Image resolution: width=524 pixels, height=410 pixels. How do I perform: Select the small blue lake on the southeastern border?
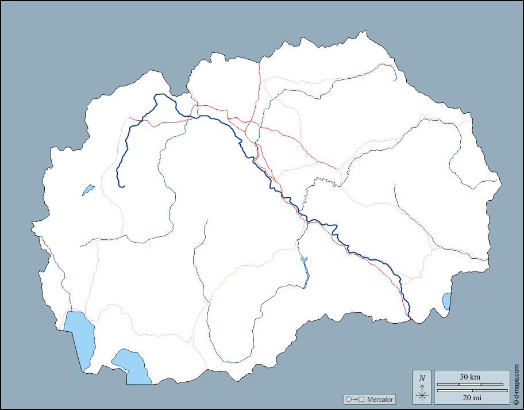click(x=446, y=301)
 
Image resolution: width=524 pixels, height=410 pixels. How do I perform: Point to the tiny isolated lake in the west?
click(x=88, y=189)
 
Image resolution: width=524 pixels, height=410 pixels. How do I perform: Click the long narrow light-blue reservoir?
click(x=305, y=270)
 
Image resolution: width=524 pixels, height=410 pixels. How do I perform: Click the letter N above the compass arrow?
click(x=422, y=378)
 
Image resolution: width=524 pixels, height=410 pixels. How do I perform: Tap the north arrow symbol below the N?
click(x=422, y=393)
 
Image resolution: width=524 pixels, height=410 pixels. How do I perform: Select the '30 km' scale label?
click(x=470, y=377)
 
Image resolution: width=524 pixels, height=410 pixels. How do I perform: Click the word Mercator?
click(x=380, y=399)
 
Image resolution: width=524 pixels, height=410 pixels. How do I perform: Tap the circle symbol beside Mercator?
click(x=348, y=399)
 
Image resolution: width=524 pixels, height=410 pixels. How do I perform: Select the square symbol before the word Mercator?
click(x=361, y=399)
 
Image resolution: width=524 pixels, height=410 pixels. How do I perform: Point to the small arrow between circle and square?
click(x=355, y=399)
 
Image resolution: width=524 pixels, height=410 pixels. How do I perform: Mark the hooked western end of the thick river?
click(x=122, y=186)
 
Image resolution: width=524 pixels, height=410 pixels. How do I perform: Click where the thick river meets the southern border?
click(x=410, y=316)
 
